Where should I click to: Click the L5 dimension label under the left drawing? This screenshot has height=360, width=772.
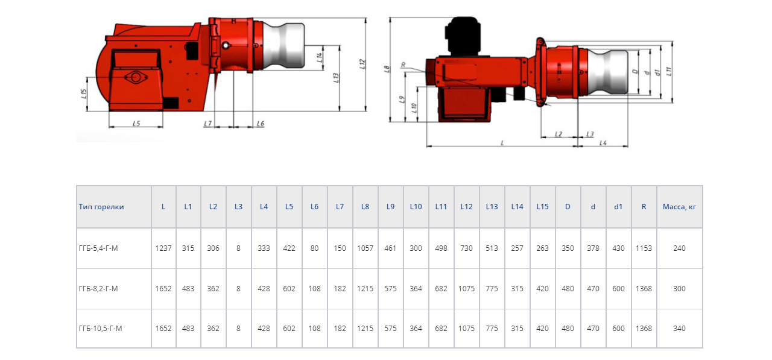(x=136, y=123)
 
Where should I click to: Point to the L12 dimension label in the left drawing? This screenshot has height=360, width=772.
(x=361, y=64)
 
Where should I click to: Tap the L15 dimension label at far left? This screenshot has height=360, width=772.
(x=83, y=93)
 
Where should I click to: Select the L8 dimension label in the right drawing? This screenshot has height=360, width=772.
(x=387, y=69)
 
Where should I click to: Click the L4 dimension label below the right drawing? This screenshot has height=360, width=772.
(x=603, y=143)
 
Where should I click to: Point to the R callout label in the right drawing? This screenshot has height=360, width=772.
(x=403, y=65)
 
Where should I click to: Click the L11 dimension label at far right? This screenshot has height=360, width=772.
(x=668, y=71)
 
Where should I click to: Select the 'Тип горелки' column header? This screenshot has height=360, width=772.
(x=101, y=207)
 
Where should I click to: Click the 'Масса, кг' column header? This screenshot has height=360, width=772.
(x=679, y=207)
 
